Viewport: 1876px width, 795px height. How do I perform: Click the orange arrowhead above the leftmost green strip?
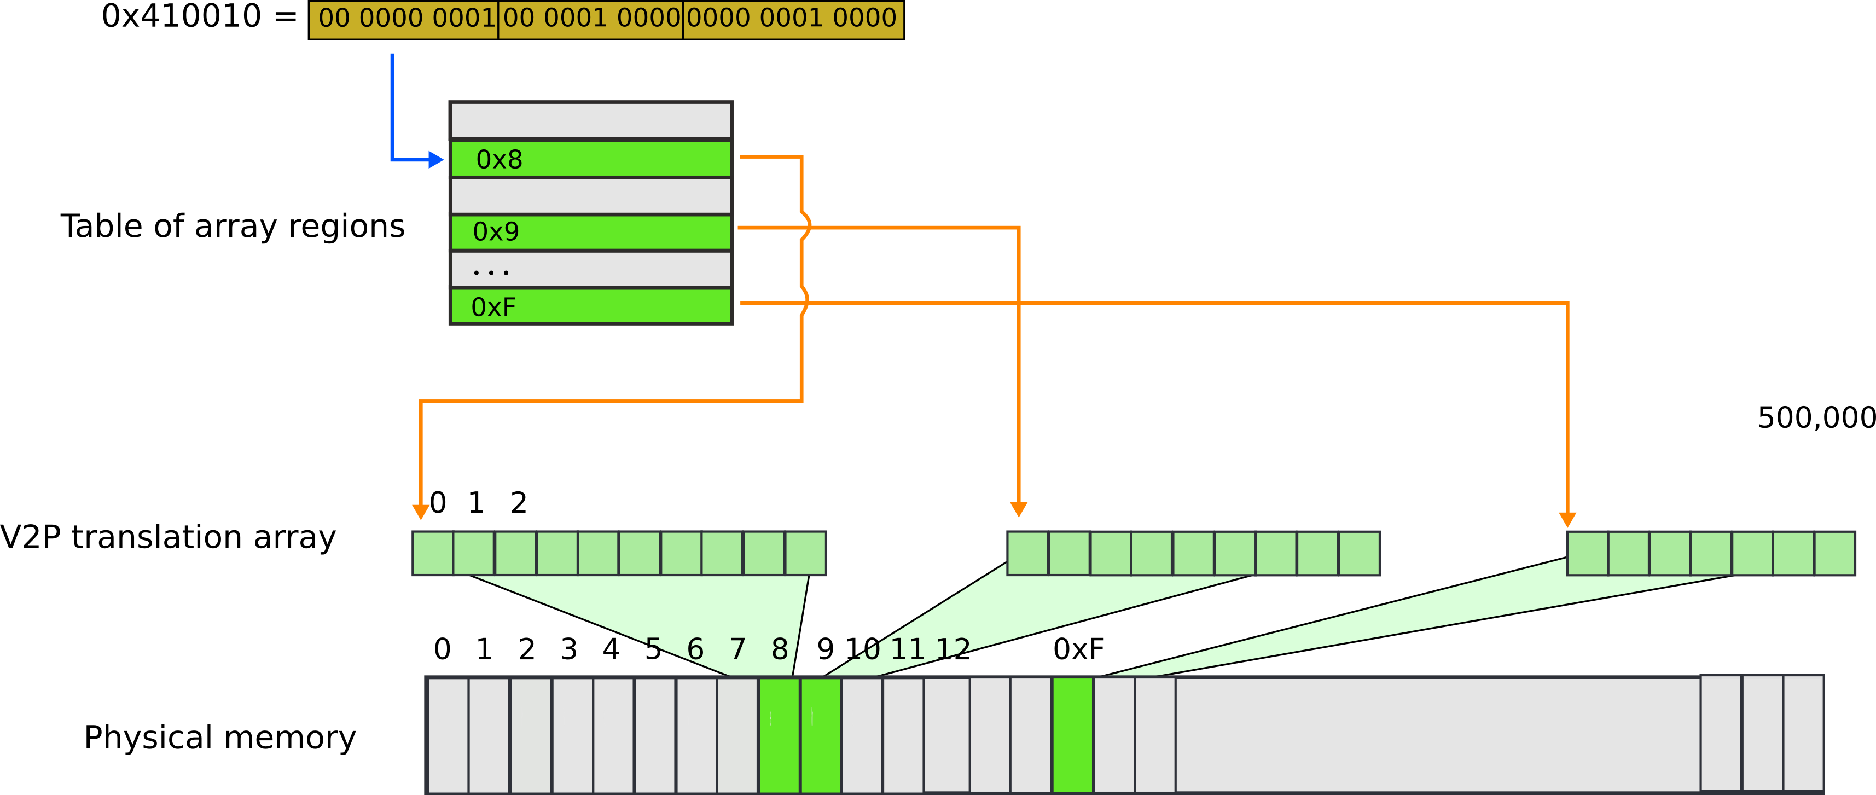point(421,512)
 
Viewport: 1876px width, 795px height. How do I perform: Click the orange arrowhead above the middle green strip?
point(1019,509)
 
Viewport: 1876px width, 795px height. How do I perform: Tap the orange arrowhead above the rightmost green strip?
point(1567,519)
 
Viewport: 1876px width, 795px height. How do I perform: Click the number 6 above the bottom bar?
point(695,649)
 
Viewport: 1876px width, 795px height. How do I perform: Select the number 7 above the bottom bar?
point(737,649)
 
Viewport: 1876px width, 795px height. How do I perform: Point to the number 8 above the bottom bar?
point(780,649)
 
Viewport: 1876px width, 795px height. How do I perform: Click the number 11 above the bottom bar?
point(908,649)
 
